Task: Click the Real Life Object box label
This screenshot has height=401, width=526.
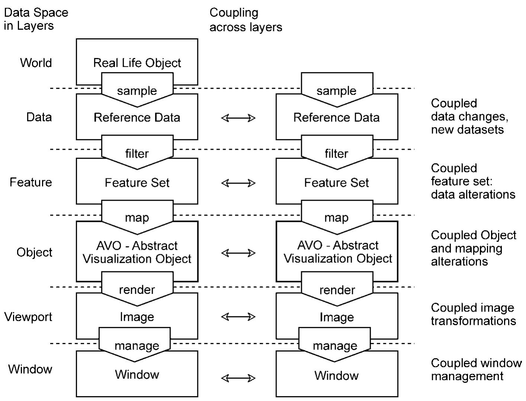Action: click(137, 63)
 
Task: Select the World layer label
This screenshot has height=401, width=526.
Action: click(36, 62)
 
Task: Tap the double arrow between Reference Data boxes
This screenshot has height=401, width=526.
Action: click(238, 118)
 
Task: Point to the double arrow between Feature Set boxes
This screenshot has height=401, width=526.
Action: click(238, 183)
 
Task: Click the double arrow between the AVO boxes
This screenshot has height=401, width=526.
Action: click(238, 253)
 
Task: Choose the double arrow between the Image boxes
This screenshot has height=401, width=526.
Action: click(238, 317)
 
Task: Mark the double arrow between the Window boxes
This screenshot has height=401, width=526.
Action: click(238, 378)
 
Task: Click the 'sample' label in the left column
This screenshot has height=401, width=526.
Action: click(137, 91)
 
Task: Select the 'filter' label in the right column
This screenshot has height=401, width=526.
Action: click(336, 153)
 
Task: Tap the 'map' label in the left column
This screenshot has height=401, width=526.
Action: click(137, 217)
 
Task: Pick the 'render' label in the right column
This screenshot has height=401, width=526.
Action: click(337, 290)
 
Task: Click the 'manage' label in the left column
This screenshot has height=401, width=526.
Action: click(137, 346)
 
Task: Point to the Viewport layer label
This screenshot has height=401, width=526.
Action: click(28, 317)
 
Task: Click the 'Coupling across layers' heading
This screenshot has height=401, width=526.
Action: click(246, 20)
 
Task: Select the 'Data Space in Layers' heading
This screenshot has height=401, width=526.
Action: click(36, 19)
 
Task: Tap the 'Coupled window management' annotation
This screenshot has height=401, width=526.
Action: click(476, 369)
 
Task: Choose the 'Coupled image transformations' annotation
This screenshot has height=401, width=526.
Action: click(473, 314)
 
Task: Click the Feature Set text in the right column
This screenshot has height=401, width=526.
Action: click(336, 182)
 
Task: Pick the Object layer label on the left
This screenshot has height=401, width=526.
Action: click(35, 252)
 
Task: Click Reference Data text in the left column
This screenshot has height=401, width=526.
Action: click(137, 117)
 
